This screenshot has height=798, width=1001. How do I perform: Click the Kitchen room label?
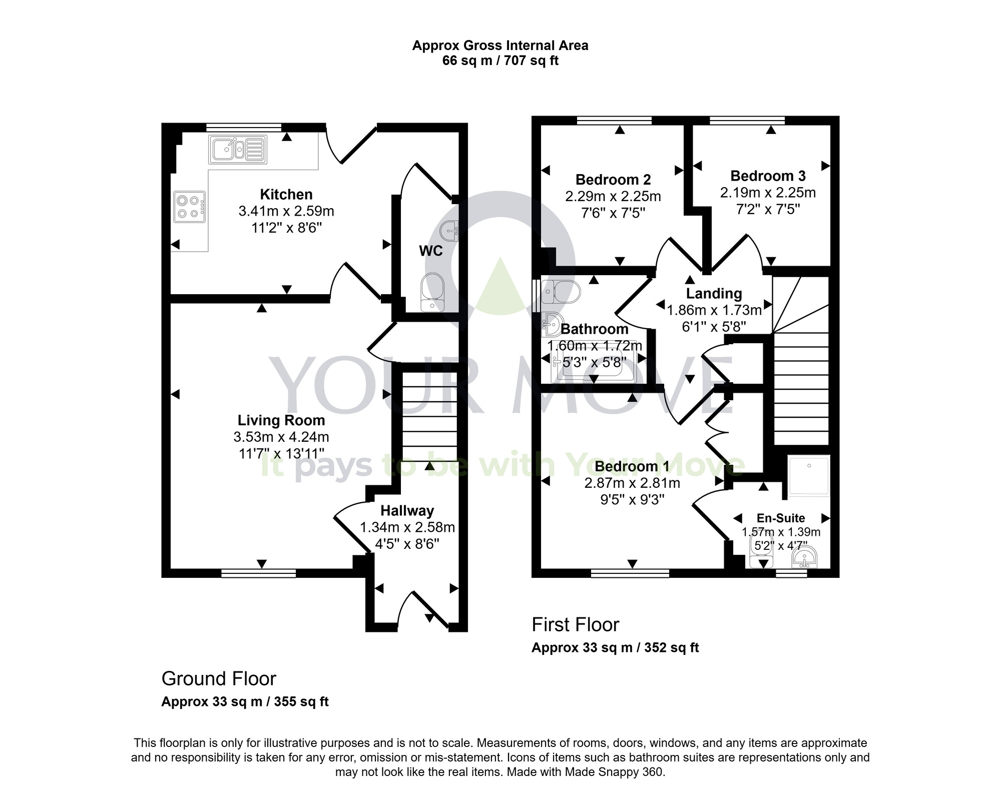(x=286, y=194)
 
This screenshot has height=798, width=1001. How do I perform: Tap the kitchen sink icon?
(x=237, y=149)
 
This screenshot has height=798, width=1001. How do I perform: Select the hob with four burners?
(x=190, y=207)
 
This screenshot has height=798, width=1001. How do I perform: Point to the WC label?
(x=431, y=251)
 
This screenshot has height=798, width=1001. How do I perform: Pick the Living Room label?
(x=281, y=420)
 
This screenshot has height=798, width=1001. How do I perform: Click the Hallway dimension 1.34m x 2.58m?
(x=407, y=527)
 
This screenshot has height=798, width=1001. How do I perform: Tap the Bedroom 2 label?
(x=613, y=180)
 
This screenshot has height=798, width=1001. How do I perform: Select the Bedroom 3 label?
(x=768, y=176)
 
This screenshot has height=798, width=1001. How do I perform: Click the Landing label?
(x=714, y=294)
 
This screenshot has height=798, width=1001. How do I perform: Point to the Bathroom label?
(x=595, y=329)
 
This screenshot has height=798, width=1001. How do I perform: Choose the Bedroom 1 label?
(x=632, y=466)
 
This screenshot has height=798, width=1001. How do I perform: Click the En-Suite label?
(x=781, y=518)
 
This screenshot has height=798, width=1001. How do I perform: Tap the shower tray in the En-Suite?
(x=809, y=475)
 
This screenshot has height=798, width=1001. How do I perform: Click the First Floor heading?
(x=575, y=625)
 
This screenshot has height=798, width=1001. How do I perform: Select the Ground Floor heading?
(x=219, y=679)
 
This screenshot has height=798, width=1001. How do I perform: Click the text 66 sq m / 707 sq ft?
(x=500, y=61)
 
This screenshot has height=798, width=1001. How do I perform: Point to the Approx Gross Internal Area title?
(x=500, y=46)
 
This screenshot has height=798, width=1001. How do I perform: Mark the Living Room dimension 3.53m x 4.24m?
(x=281, y=437)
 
